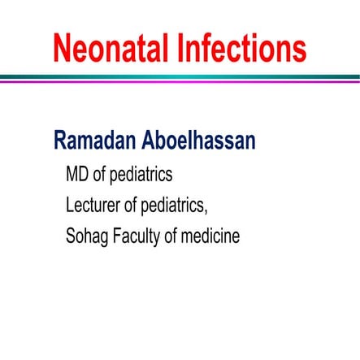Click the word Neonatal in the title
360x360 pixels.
111,48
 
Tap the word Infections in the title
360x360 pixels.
241,48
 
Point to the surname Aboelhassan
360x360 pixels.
204,141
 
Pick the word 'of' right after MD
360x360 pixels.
101,175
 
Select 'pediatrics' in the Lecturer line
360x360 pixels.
182,206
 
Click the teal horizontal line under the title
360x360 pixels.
180,76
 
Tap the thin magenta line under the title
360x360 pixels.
180,81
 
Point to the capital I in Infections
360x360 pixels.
180,48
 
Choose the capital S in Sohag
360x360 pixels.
72,237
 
